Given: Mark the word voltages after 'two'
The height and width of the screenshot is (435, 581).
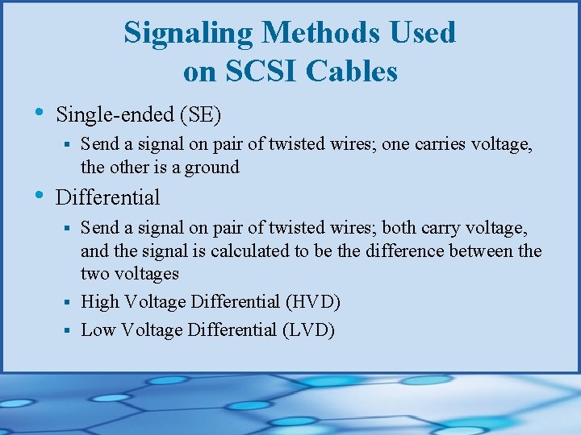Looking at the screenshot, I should coord(147,273).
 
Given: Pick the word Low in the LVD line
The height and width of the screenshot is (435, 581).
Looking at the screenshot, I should coord(98,329).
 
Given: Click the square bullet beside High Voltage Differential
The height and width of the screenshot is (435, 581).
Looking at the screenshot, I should coord(70,303).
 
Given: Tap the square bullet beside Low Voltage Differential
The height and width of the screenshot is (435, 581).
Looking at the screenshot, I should coord(70,330).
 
